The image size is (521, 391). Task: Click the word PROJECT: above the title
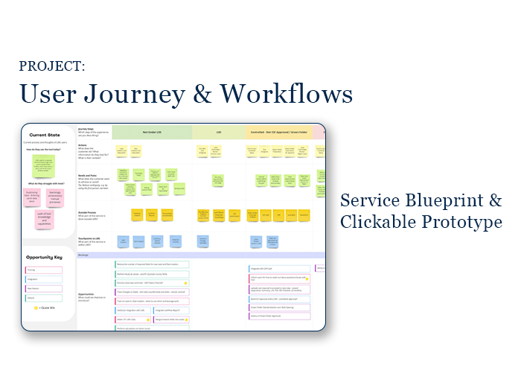click(52, 67)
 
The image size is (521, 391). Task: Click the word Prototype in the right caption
click(465, 222)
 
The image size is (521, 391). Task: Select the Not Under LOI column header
click(152, 132)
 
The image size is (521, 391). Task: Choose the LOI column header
click(219, 132)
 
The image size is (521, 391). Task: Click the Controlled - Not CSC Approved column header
click(278, 132)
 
